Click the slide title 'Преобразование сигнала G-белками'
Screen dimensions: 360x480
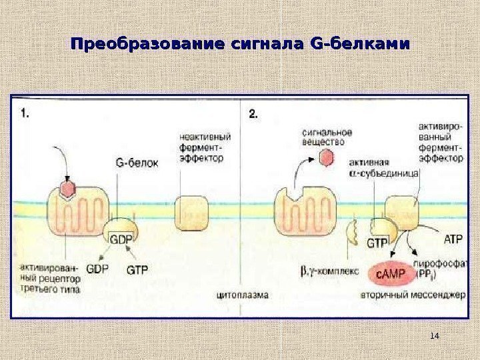pyautogui.click(x=239, y=45)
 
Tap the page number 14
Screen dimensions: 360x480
pyautogui.click(x=435, y=335)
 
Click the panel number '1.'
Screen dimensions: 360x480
pyautogui.click(x=25, y=114)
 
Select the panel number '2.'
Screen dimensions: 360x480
pyautogui.click(x=253, y=114)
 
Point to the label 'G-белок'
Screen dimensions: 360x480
pyautogui.click(x=137, y=161)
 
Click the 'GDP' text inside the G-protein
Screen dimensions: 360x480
pyautogui.click(x=121, y=238)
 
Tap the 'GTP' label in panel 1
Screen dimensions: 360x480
pyautogui.click(x=137, y=269)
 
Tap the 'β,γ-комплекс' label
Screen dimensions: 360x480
pyautogui.click(x=329, y=271)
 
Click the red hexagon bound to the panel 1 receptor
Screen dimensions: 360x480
pyautogui.click(x=67, y=190)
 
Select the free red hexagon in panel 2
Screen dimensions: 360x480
pyautogui.click(x=326, y=158)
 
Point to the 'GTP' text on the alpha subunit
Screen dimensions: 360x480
pyautogui.click(x=377, y=243)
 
